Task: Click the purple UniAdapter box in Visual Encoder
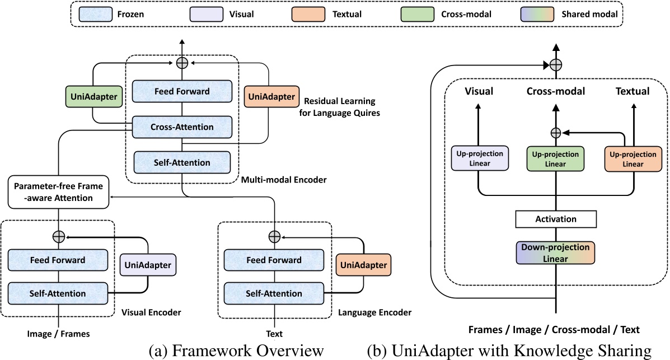tap(148, 264)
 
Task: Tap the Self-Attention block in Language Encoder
tap(274, 293)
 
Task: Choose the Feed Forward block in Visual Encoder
tap(58, 260)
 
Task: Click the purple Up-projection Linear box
tap(479, 158)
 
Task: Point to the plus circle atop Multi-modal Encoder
tap(181, 63)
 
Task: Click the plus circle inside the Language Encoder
tap(274, 237)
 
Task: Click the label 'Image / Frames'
tap(58, 334)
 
